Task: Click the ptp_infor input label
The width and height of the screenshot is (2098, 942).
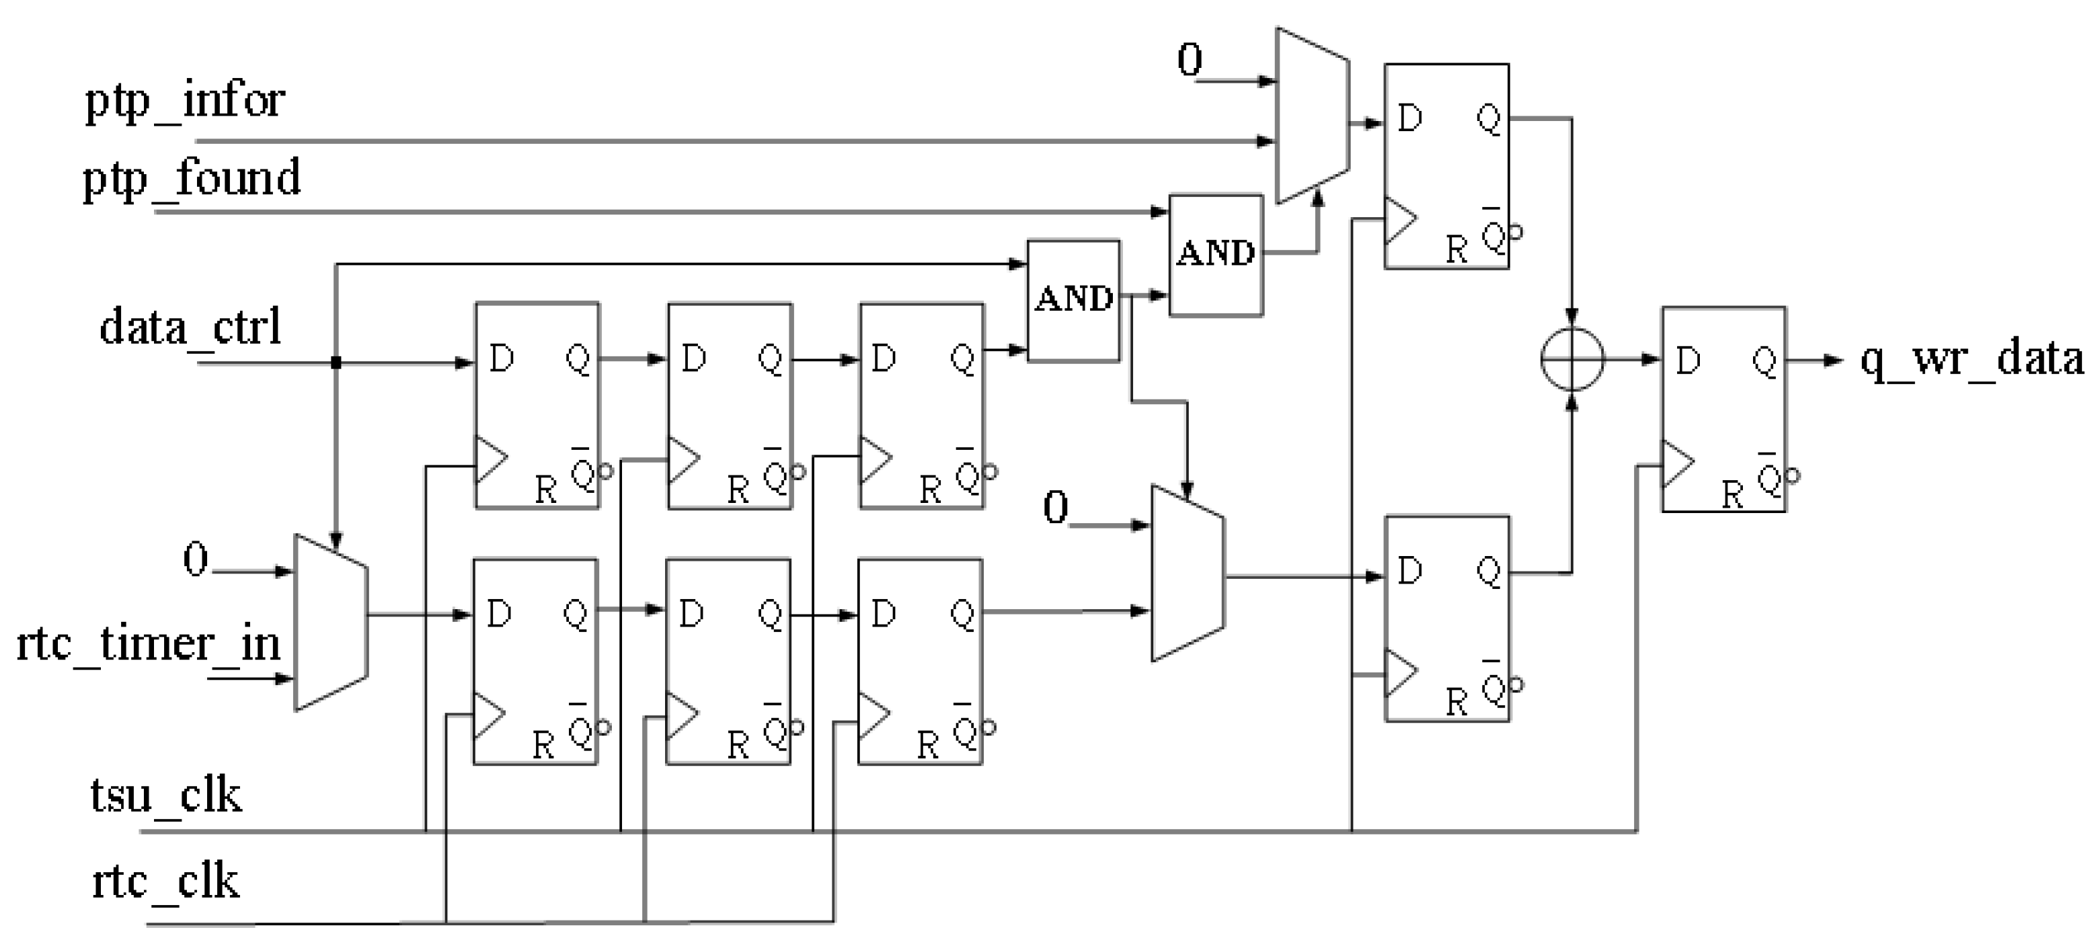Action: (185, 101)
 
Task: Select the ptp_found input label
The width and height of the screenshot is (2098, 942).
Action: (192, 178)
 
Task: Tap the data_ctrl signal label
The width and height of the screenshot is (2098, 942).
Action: (190, 327)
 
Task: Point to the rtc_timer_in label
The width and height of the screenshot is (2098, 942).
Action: (148, 644)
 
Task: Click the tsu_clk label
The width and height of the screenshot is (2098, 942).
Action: (166, 795)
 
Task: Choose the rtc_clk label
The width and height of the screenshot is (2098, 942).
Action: (166, 881)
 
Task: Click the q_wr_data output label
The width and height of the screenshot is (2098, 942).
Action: (1971, 359)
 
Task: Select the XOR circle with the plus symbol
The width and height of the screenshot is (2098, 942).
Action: (1572, 359)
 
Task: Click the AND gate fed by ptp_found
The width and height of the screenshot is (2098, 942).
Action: (1216, 255)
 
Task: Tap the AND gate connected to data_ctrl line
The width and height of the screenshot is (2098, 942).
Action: (1073, 301)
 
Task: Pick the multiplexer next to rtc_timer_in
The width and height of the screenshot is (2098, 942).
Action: (331, 623)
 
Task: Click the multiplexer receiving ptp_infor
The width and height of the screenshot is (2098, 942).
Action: (1312, 116)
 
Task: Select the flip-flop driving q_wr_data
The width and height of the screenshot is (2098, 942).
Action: (1723, 409)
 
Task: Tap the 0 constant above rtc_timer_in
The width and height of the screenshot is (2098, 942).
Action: (196, 560)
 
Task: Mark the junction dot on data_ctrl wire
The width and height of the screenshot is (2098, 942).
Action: (336, 362)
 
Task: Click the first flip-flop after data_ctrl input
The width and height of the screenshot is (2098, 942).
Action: (537, 405)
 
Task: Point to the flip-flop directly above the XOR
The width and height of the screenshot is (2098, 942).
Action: (1446, 166)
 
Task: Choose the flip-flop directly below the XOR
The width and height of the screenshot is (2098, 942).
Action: (1447, 619)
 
